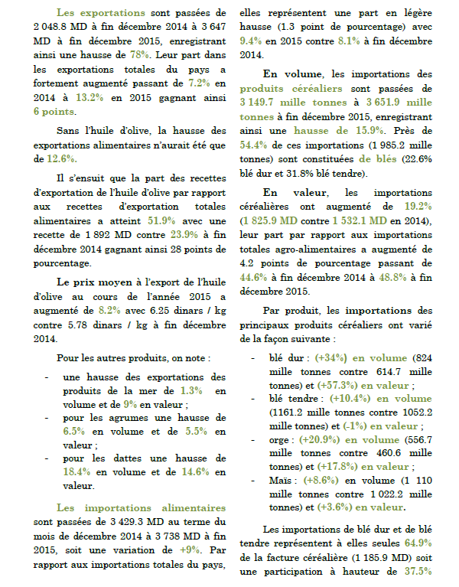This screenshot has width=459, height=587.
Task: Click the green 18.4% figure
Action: [77, 472]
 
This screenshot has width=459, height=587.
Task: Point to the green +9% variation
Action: [188, 549]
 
